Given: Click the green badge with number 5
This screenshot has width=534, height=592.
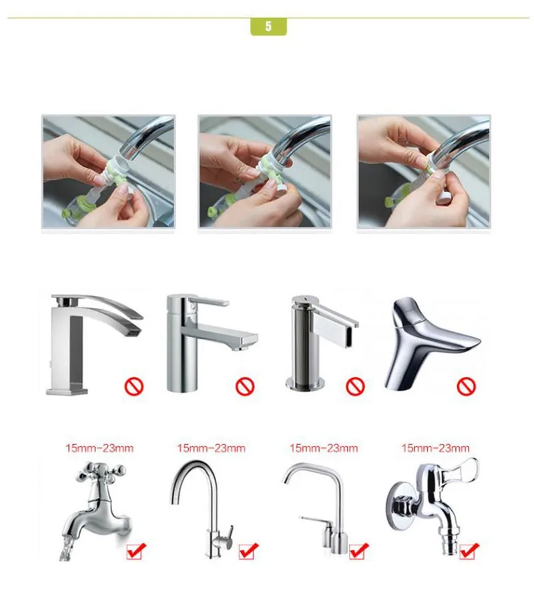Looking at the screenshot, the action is tap(268, 27).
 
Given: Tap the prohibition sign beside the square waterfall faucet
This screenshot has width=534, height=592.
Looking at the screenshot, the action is tap(134, 387).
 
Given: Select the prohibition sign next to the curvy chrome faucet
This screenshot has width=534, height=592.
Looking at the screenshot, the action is tap(467, 387).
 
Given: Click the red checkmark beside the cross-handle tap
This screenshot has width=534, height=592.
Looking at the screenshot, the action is tap(136, 551).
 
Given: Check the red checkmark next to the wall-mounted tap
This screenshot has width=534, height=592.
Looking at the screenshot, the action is tap(469, 551).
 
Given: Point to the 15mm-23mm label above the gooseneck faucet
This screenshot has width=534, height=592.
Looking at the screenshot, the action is tap(211, 448).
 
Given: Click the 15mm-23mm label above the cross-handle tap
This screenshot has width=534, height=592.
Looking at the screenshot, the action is tap(99, 448).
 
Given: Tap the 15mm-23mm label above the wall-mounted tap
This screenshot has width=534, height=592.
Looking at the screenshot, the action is tap(435, 448).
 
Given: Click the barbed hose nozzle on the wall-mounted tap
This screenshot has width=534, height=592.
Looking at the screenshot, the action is tap(449, 543).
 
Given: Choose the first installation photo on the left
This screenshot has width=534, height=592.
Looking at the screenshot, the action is tap(108, 172).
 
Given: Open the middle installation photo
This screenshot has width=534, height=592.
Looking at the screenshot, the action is tap(264, 172).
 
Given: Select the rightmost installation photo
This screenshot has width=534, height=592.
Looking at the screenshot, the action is tap(424, 172).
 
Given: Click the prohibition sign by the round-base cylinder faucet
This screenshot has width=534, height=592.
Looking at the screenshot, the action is tap(355, 387).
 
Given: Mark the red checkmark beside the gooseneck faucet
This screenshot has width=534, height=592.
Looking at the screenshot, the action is tap(249, 551).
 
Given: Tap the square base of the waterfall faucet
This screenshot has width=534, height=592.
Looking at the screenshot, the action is tap(67, 389).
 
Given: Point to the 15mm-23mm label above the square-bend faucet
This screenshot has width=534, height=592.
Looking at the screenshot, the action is tap(324, 448).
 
